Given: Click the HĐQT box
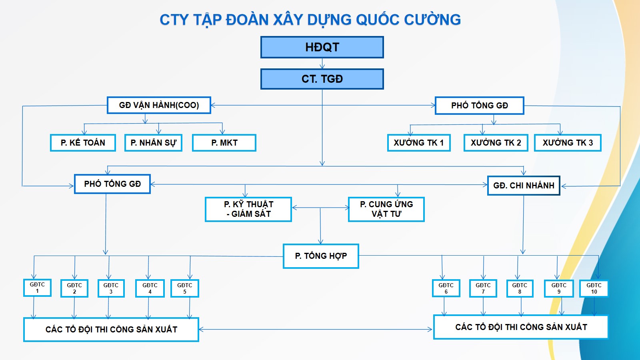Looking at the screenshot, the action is click(322, 47).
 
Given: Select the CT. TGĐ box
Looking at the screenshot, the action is click(322, 79).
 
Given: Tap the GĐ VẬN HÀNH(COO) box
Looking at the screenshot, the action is click(159, 105).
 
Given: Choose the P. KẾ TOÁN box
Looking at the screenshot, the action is click(83, 142).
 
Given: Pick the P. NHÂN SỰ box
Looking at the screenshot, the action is click(154, 142).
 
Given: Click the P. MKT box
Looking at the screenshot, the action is click(224, 142).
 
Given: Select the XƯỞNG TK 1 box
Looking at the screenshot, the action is click(419, 142).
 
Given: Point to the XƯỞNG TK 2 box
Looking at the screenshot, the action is click(496, 142).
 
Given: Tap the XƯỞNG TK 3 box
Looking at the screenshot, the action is click(568, 142).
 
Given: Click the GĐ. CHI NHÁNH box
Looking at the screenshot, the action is click(524, 186).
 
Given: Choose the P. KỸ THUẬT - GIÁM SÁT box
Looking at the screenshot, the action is click(248, 209).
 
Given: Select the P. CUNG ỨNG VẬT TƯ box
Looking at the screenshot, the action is click(386, 209).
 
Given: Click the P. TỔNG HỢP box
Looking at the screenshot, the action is click(321, 256).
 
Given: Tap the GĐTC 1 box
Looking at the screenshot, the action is click(38, 288).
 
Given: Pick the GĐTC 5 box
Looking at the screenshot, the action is click(185, 288).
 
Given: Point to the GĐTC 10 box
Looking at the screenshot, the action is click(594, 288).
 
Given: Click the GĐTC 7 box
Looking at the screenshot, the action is click(483, 288).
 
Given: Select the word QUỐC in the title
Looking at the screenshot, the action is click(378, 20).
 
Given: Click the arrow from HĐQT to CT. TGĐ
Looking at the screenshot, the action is click(322, 64).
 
